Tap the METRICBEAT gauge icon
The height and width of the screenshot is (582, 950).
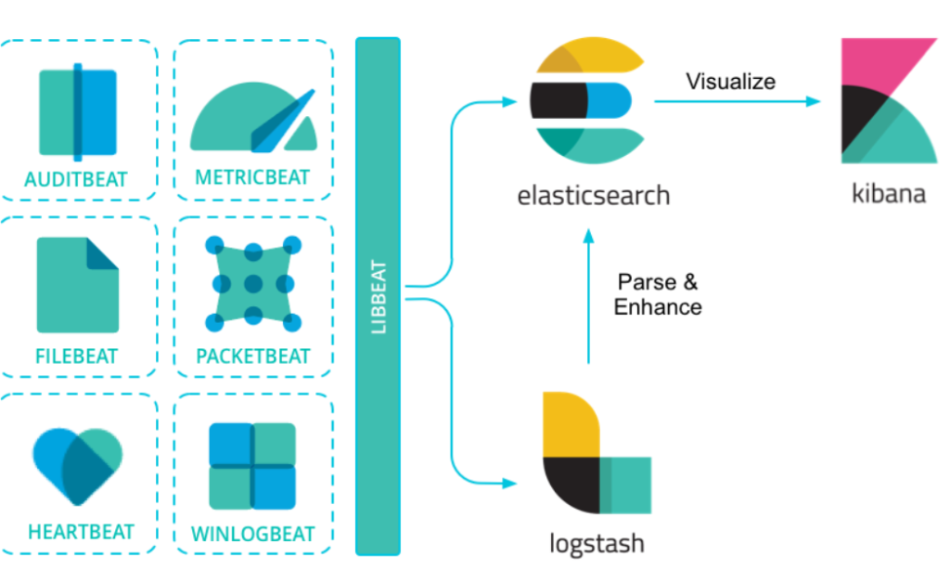[x=252, y=116]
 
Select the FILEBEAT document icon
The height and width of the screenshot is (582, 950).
[x=78, y=284]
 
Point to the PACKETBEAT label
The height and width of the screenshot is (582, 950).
[x=252, y=356]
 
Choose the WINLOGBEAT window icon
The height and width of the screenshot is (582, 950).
[x=252, y=466]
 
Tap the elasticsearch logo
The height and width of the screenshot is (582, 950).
[x=587, y=99]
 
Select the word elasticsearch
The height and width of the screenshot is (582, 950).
[x=594, y=197]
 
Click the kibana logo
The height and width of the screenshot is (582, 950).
[x=888, y=100]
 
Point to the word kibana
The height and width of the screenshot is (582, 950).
[x=888, y=195]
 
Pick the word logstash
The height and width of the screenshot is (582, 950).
[x=597, y=542]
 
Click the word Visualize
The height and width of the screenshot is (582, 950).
[x=730, y=82]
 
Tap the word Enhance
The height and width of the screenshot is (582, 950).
[x=658, y=306]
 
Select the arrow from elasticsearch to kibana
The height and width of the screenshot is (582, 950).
[x=738, y=100]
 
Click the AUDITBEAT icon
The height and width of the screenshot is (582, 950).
[x=78, y=111]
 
